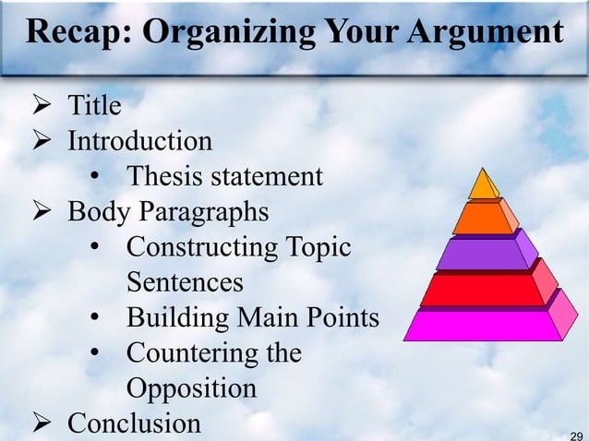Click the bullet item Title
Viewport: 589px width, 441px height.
(x=94, y=106)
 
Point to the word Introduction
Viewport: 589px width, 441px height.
(x=139, y=141)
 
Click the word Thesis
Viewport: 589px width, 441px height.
(x=166, y=176)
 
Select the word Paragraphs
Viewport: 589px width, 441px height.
(x=204, y=211)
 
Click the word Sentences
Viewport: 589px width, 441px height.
(x=185, y=281)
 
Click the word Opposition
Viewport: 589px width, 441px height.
(x=191, y=387)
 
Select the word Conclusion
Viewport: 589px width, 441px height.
(x=134, y=423)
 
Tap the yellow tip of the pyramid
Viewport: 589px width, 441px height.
(x=482, y=185)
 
